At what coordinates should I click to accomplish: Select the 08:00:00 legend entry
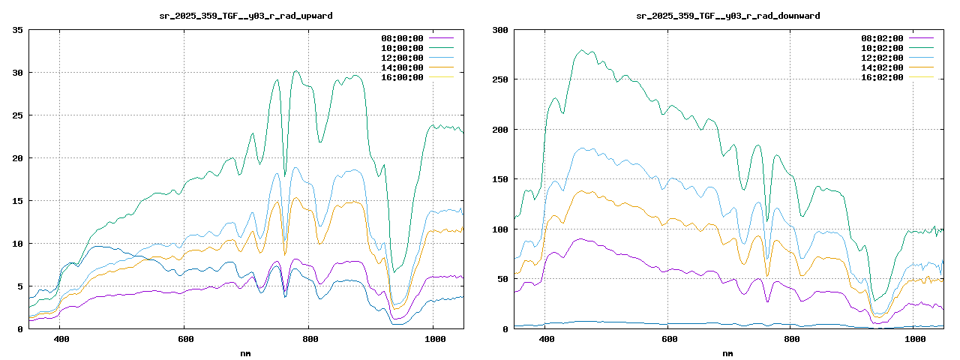(402, 38)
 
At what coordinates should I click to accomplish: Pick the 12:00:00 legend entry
(402, 58)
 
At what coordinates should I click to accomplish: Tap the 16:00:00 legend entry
(402, 77)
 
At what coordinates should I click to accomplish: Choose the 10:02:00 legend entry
(882, 48)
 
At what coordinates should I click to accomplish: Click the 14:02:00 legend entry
(882, 67)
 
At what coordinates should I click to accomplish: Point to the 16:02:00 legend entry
(882, 77)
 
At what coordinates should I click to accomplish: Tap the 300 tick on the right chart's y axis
(500, 30)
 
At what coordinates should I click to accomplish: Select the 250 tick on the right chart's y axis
(500, 79)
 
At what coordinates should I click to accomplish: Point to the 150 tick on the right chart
(500, 179)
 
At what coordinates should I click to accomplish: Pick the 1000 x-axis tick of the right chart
(914, 338)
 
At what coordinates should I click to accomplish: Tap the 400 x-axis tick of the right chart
(547, 338)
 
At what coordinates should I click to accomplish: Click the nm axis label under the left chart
(246, 352)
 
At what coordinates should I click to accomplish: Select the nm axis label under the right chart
(727, 352)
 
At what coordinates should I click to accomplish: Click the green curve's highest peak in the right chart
(583, 51)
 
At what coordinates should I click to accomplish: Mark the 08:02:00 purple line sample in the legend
(921, 38)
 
